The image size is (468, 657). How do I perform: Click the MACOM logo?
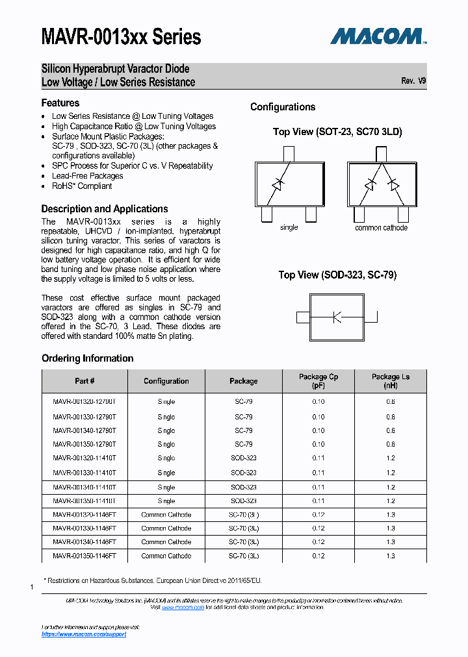378,36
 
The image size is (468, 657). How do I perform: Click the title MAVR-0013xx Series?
121,37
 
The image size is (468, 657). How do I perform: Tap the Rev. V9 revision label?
413,81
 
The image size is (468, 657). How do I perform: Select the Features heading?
60,103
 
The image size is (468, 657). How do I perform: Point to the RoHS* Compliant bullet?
82,186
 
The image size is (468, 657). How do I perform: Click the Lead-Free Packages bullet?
87,176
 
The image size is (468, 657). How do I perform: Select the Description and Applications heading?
105,209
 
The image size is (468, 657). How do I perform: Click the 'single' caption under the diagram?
289,228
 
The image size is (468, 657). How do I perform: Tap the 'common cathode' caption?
381,228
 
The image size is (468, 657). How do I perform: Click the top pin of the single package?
289,154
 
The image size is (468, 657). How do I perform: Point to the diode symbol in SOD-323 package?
336,317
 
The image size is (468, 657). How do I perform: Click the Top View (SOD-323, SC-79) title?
337,275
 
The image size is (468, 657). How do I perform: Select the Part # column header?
84,381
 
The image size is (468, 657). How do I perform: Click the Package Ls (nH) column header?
390,381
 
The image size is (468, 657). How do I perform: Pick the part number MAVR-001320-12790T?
84,402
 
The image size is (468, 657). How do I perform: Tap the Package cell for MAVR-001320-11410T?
244,458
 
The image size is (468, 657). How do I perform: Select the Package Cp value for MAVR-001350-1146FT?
318,556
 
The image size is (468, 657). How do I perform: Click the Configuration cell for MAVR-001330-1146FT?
166,528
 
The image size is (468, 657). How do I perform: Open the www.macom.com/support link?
84,634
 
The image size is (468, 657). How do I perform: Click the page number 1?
32,588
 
